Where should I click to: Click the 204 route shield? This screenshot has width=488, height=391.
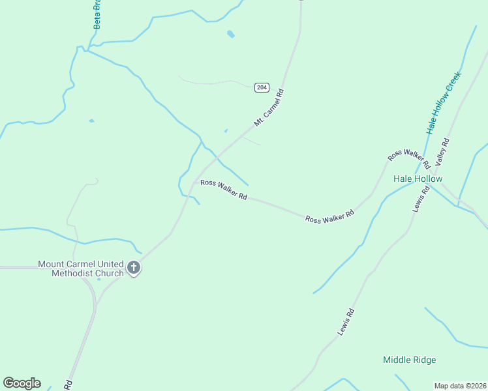(x=262, y=87)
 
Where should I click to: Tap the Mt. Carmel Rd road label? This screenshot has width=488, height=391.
(x=269, y=108)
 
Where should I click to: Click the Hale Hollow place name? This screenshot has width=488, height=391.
(x=418, y=179)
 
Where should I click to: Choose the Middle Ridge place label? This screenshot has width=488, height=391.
(x=409, y=360)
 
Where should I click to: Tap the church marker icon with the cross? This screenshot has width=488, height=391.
(x=134, y=267)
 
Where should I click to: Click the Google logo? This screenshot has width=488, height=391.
(x=22, y=383)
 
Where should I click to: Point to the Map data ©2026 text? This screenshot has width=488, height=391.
(x=461, y=385)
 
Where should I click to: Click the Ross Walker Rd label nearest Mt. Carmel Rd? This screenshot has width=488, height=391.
(x=224, y=190)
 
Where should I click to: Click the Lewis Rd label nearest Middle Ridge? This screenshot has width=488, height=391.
(x=346, y=322)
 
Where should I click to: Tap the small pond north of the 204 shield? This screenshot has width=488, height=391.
(x=230, y=34)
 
